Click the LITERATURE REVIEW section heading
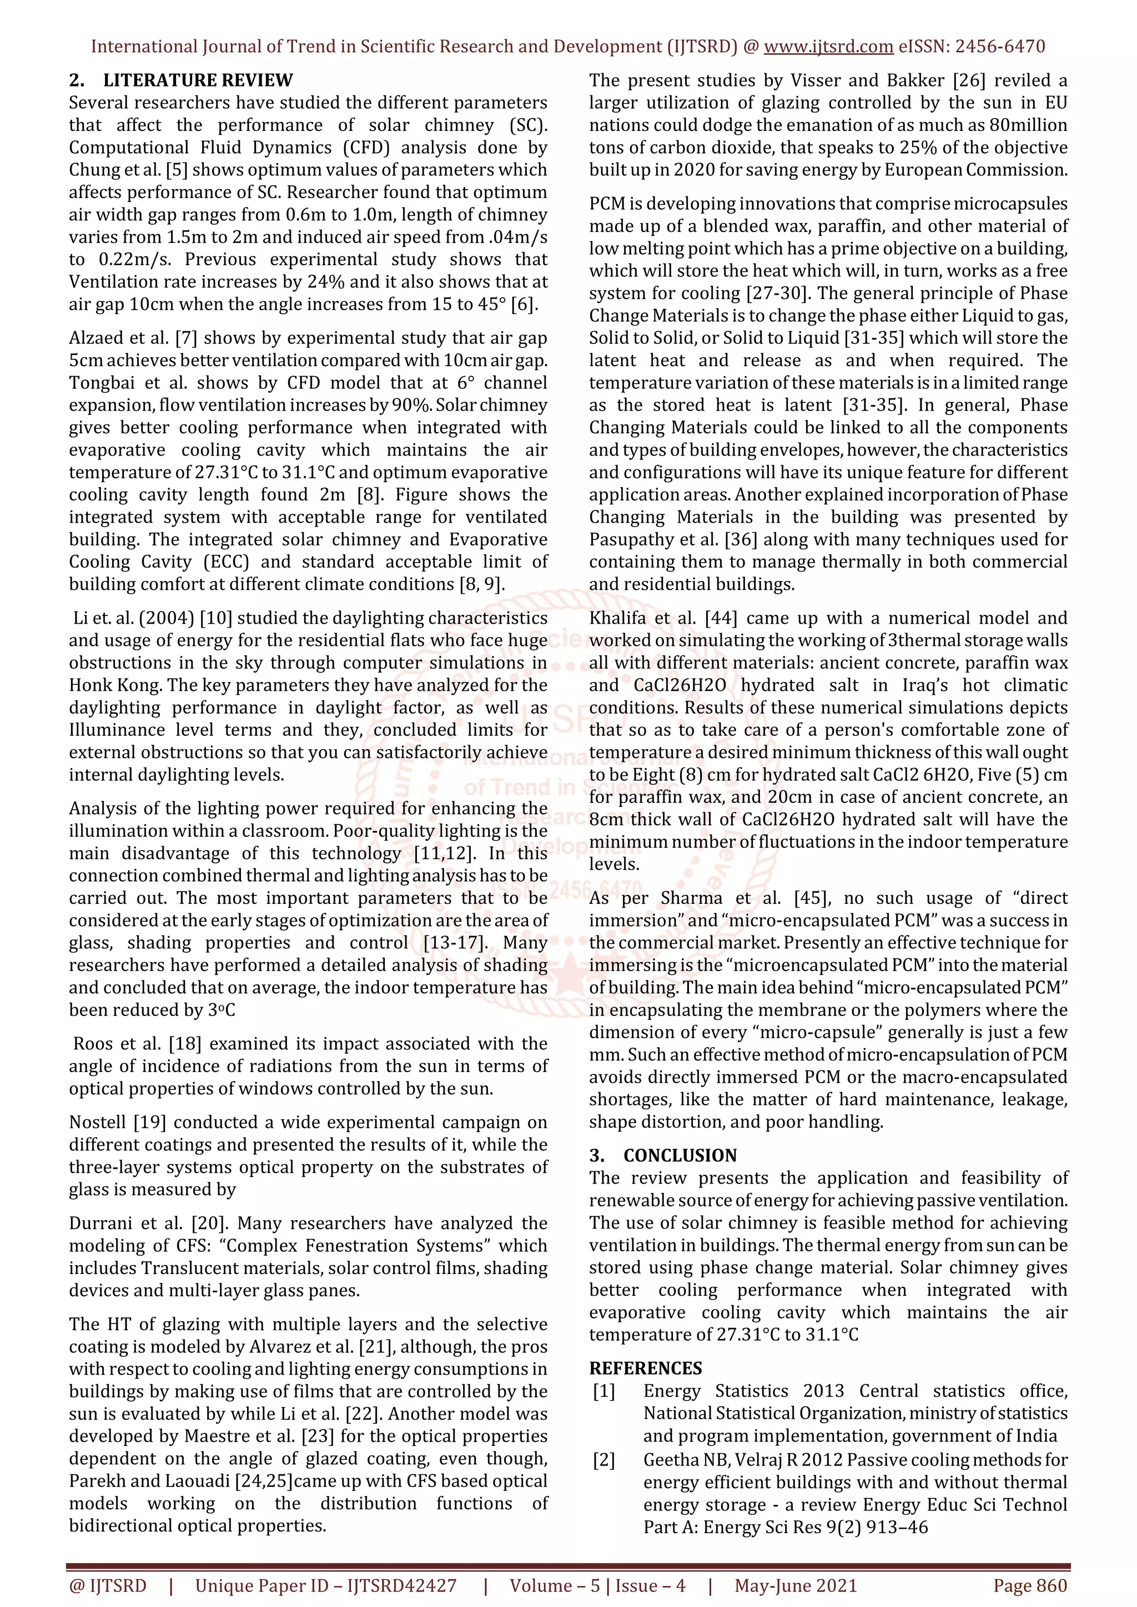[198, 80]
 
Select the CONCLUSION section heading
[680, 1155]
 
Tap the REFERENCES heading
[646, 1368]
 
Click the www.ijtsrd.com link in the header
[828, 47]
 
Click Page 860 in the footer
[1030, 1585]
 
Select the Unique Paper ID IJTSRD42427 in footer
[325, 1585]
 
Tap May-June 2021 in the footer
[796, 1585]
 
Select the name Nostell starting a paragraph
[97, 1123]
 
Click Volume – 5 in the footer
[555, 1585]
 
